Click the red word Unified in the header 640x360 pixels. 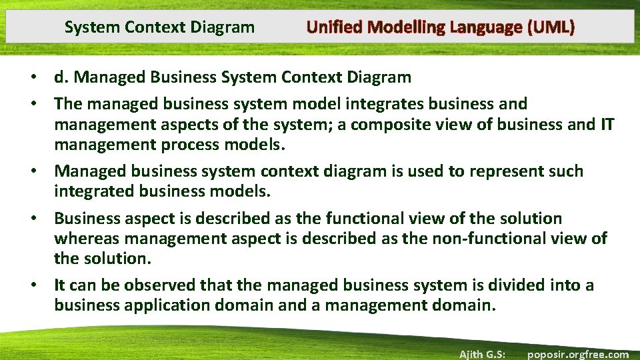click(x=335, y=27)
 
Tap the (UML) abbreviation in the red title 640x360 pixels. click(x=550, y=27)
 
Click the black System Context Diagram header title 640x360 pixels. click(x=159, y=27)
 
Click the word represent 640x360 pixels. click(x=502, y=171)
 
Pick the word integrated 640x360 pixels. click(x=95, y=191)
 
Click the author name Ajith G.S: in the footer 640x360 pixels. click(x=481, y=354)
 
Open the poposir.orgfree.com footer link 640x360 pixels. click(x=577, y=354)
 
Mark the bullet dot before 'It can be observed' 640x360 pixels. click(x=41, y=286)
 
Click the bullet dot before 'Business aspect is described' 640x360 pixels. click(x=41, y=219)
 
